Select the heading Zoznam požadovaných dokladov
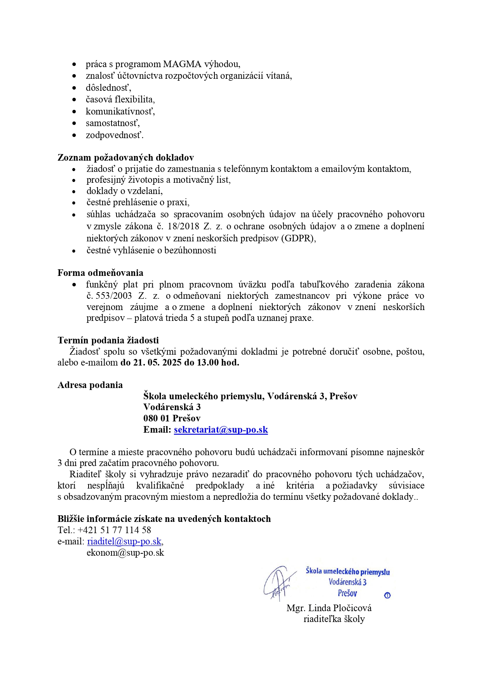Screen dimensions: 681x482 (125, 158)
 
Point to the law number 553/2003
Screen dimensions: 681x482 (114, 296)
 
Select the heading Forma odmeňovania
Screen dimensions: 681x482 (100, 273)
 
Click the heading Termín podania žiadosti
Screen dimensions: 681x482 (108, 340)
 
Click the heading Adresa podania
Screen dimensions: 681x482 (90, 385)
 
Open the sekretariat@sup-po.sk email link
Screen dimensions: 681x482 (221, 430)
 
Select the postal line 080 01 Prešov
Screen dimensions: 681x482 (172, 418)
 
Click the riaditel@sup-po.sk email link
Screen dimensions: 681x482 (124, 541)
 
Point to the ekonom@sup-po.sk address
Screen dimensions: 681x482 (125, 553)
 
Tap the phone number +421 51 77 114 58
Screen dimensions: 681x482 (114, 530)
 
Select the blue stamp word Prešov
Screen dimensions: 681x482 (347, 593)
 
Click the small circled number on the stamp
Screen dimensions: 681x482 (387, 595)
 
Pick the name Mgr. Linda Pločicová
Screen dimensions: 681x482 (329, 608)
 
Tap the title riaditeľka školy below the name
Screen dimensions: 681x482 (334, 619)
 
